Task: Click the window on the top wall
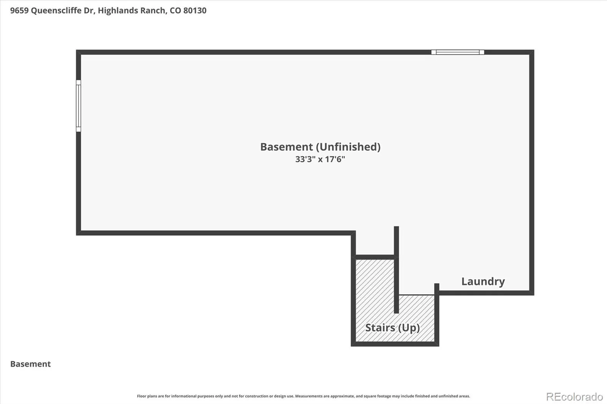point(458,52)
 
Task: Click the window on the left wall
point(78,106)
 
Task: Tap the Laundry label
point(483,282)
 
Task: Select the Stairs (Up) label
point(393,328)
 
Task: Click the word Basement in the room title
point(286,147)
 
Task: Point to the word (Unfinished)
point(348,147)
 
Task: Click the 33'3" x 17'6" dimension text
point(320,159)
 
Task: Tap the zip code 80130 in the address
point(195,11)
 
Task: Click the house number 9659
point(19,11)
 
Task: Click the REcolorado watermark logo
point(574,397)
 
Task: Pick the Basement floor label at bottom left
point(30,364)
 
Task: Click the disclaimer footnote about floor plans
point(303,396)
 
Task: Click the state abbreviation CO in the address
point(175,11)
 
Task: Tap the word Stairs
point(380,328)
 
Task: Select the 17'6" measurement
point(335,159)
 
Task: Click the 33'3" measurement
point(305,159)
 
